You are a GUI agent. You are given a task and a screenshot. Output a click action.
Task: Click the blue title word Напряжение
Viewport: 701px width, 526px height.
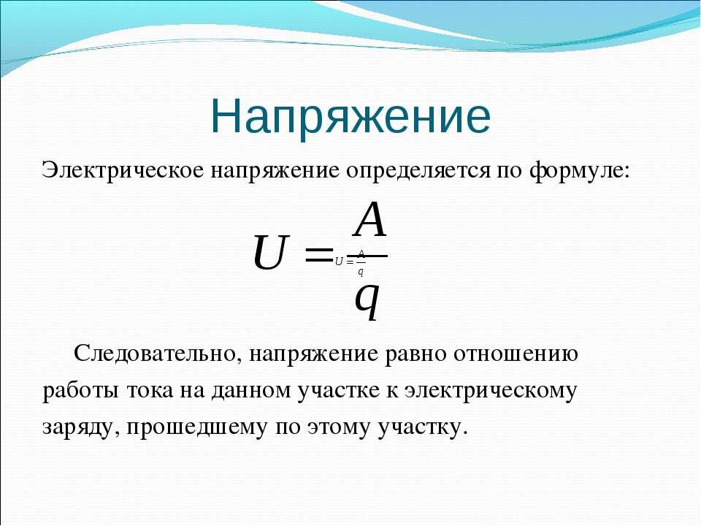coord(351,116)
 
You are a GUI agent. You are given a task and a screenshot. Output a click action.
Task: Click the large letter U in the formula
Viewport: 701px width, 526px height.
coord(269,253)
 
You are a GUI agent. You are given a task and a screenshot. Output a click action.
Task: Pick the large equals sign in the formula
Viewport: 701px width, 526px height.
coord(318,255)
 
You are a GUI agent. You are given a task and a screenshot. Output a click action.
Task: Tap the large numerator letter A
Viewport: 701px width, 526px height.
coord(369,220)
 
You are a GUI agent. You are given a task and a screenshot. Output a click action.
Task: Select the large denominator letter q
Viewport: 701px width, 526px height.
coord(367,301)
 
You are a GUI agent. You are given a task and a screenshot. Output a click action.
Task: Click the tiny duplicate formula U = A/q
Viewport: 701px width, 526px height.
coord(350,262)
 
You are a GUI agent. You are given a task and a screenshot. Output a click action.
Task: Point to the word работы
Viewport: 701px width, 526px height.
coord(80,390)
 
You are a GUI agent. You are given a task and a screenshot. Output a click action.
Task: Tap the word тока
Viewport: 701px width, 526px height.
coord(149,391)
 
